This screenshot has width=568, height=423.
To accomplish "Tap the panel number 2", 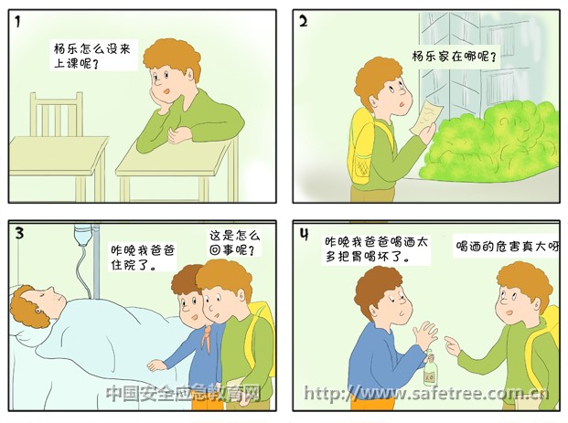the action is [304, 21].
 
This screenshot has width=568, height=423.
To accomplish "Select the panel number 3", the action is [19, 233].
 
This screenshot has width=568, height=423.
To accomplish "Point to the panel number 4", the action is [304, 234].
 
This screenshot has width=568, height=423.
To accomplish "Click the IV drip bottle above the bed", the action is [83, 235].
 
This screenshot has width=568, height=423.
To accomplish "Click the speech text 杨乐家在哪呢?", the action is [454, 57].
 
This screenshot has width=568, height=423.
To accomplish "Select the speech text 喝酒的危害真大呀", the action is [507, 247].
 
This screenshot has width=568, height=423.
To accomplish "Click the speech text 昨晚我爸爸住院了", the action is [143, 258].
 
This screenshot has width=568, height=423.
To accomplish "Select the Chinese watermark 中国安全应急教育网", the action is [184, 393].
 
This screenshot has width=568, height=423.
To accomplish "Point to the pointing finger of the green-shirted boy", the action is [449, 341].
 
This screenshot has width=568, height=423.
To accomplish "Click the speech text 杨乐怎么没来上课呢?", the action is [92, 56].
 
